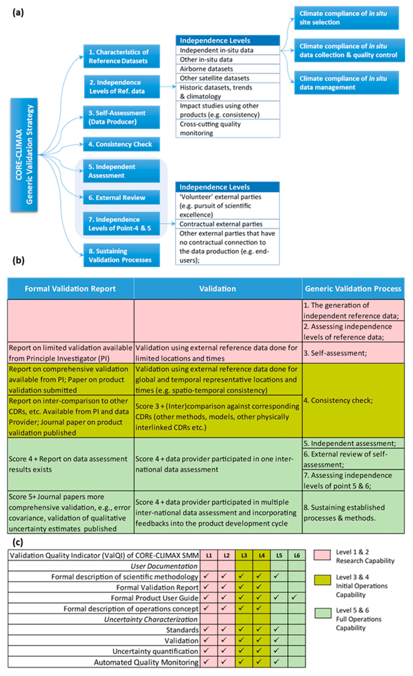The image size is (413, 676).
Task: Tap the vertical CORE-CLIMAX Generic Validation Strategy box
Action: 24,154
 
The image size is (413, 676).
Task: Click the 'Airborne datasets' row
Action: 227,69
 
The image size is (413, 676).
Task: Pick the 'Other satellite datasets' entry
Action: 227,78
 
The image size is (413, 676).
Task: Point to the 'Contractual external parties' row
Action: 227,224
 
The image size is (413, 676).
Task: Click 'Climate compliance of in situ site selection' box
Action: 346,18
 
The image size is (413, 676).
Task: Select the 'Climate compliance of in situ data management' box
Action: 346,83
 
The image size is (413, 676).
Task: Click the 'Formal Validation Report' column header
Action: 70,289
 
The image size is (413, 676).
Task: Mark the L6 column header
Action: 297,555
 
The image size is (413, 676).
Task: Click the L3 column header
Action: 244,555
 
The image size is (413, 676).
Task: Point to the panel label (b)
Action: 19,260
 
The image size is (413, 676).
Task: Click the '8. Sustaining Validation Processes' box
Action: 121,255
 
